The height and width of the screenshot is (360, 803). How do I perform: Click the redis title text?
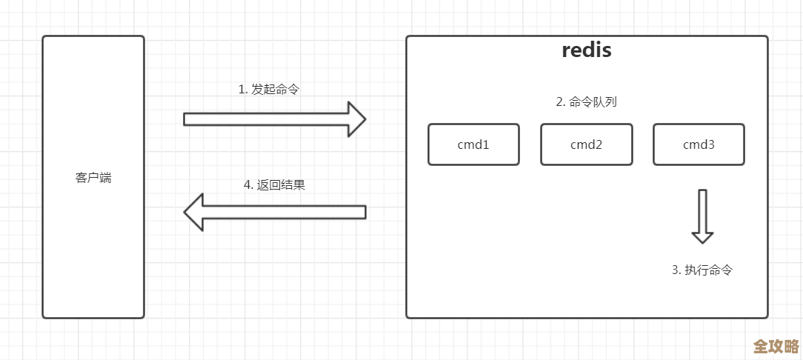586,50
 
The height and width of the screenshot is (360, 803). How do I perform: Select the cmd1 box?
473,144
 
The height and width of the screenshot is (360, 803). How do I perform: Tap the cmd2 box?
586,144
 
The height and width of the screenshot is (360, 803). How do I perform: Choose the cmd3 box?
699,144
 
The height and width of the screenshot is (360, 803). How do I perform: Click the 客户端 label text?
93,178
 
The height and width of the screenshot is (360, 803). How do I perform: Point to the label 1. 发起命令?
269,89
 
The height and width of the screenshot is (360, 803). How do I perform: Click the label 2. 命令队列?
587,102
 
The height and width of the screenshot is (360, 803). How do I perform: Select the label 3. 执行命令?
702,270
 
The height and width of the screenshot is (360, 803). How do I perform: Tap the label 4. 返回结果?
274,185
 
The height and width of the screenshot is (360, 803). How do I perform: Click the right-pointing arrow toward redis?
274,119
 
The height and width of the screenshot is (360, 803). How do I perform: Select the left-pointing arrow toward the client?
274,213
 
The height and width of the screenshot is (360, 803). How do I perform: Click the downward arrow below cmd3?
702,216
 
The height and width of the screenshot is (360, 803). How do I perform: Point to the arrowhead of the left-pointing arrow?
193,213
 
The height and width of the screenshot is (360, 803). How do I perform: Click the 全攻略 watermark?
776,347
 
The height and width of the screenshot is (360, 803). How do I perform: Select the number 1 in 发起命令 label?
241,89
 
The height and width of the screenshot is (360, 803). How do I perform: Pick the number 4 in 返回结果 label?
247,185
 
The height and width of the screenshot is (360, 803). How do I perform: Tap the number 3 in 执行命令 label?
675,270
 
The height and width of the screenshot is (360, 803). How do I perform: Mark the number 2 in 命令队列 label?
559,102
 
